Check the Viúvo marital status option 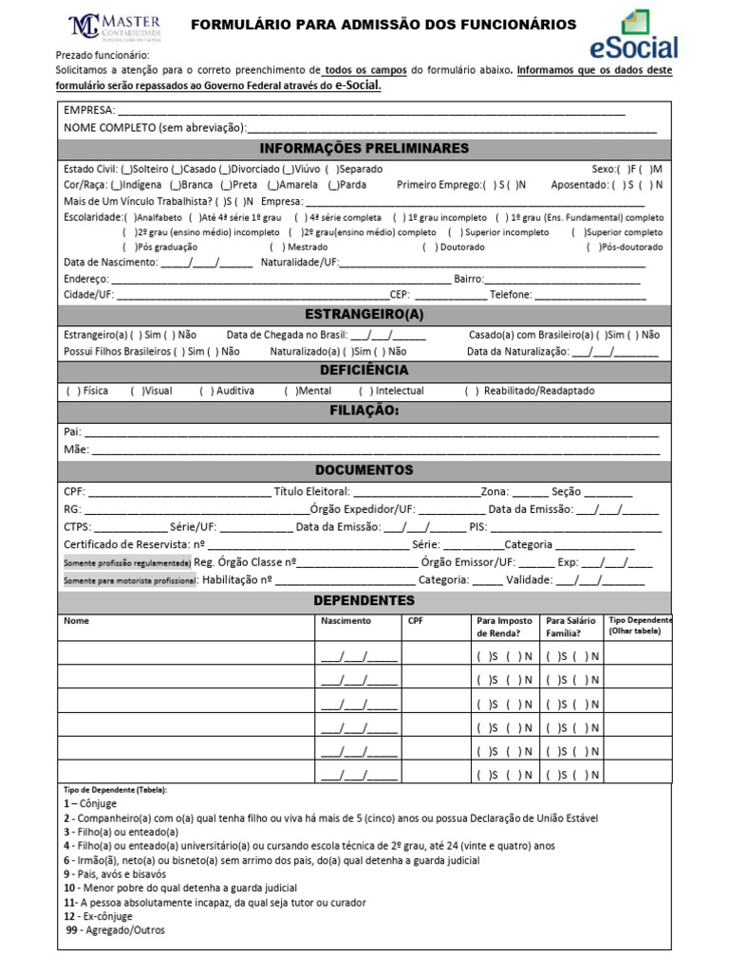click(288, 168)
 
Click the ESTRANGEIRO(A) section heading click(364, 314)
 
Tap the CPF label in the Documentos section click(74, 491)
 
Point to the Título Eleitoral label click(312, 491)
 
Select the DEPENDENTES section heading click(364, 601)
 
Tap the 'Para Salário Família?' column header click(571, 627)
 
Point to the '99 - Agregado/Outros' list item click(115, 930)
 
